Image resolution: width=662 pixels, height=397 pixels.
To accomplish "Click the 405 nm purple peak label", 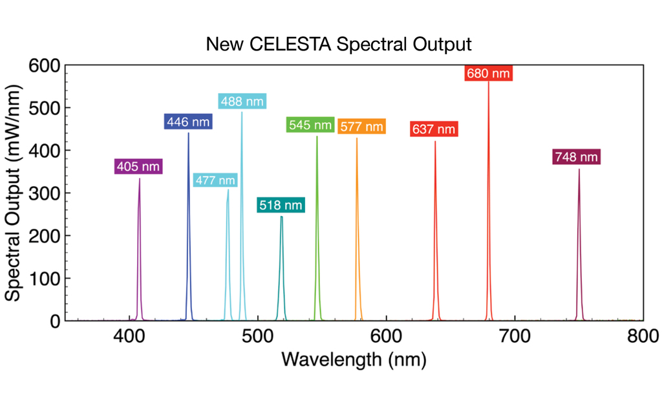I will click(138, 167).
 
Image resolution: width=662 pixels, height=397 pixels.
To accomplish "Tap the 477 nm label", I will click(215, 180).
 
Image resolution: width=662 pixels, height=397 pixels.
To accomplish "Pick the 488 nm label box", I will click(242, 102).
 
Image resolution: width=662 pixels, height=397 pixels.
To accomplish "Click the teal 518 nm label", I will click(280, 206).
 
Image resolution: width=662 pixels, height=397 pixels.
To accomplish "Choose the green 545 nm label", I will click(310, 125).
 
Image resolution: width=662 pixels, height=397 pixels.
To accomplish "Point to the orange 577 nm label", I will click(361, 126).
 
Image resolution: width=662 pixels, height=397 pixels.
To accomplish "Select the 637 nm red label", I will click(433, 129).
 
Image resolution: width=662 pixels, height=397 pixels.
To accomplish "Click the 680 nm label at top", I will click(488, 73).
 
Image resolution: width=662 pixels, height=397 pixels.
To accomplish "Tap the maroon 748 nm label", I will click(576, 157).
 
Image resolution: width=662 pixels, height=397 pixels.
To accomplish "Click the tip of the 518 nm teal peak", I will click(281, 217).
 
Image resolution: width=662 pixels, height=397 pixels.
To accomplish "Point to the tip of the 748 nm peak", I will click(579, 170).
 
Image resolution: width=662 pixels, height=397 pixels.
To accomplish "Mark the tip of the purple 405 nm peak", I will click(139, 179).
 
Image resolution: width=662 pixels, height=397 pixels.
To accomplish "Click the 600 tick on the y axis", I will click(44, 65).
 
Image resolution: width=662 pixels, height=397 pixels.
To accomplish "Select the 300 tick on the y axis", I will click(44, 193).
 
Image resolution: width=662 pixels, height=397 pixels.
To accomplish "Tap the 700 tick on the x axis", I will click(515, 336).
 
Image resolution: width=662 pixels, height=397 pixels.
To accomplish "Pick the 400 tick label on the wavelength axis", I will click(129, 336).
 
